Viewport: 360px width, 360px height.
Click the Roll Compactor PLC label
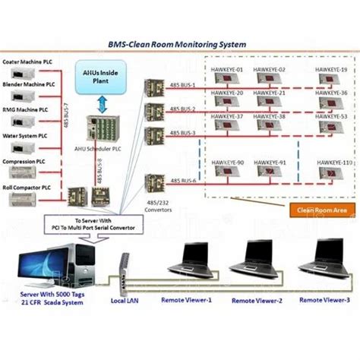[28, 186]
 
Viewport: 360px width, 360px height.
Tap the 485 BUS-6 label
[184, 180]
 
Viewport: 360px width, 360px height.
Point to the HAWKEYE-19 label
[332, 69]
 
